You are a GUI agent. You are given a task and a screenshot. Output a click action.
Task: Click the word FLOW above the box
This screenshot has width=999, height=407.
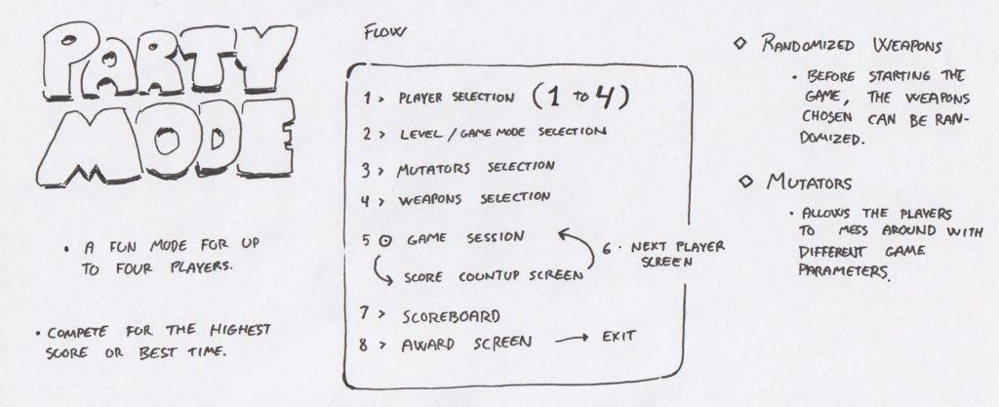coord(383,32)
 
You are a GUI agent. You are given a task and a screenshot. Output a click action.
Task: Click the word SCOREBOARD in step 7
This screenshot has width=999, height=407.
coord(451,316)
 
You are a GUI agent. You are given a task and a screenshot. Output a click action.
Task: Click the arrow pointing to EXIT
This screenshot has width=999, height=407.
coord(572,340)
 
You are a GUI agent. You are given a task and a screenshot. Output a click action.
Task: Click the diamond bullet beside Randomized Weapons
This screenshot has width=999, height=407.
coord(739,44)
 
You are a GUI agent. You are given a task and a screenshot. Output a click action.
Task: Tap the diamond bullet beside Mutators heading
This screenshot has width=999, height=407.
coord(745,183)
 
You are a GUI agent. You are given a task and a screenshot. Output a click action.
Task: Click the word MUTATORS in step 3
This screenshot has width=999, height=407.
coord(433,170)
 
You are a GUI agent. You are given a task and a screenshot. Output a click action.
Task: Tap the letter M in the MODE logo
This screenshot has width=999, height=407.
coord(88,146)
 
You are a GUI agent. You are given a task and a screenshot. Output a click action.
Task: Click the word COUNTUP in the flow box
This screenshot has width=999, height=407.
coord(489,277)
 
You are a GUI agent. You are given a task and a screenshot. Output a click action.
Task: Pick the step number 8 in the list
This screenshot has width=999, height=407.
coord(363,345)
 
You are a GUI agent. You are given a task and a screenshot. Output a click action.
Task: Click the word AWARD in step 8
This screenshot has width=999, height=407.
coord(428,345)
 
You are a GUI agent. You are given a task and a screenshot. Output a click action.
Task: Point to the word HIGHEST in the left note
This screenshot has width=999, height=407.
coord(241,330)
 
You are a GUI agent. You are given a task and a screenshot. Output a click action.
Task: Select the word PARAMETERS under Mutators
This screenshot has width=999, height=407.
coord(843,270)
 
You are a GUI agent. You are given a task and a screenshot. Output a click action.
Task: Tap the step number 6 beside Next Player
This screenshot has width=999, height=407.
coord(607,249)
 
